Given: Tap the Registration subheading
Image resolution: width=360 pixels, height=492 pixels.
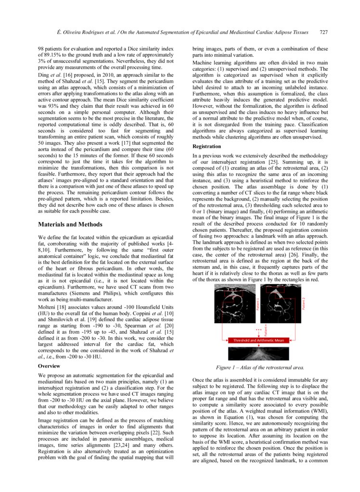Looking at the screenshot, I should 207,146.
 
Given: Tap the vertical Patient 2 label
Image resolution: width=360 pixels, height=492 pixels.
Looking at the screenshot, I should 304,304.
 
